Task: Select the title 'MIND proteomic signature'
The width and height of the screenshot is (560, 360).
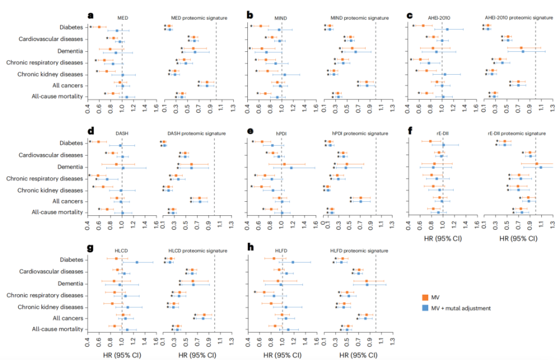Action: pos(356,18)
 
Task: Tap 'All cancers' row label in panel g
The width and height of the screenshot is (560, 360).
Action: pos(67,318)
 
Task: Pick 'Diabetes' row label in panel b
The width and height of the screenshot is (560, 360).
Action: pos(232,27)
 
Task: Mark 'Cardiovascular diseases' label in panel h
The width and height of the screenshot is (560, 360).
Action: pos(213,271)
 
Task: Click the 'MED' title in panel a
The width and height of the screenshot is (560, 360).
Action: pos(123,18)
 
